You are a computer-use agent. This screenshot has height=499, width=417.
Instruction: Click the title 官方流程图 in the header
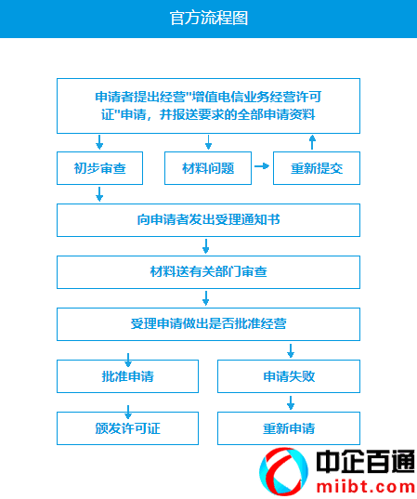pos(209,19)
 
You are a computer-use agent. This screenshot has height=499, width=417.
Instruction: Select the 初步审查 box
pos(100,168)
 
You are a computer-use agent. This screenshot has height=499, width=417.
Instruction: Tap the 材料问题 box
pos(208,168)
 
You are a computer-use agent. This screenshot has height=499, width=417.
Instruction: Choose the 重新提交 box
pos(317,168)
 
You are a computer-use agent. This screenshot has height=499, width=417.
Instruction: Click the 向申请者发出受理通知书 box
pos(208,220)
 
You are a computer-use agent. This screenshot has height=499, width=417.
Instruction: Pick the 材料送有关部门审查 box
pos(208,272)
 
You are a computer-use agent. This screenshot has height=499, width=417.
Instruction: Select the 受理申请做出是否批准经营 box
pos(208,324)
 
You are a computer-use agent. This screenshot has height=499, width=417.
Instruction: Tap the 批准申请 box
pos(127,376)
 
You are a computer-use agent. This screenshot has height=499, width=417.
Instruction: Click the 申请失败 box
pos(289,376)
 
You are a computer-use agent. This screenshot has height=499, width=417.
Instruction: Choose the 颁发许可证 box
pos(127,428)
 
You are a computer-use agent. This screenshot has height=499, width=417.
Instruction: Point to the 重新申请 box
pos(289,428)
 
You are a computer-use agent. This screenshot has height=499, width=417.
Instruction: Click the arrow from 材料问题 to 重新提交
pos(262,166)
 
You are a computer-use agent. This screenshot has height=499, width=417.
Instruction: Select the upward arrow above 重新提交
pos(312,142)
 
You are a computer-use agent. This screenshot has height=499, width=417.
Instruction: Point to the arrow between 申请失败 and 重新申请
pos(291,402)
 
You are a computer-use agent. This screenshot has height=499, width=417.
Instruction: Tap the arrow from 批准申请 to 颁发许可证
pos(128,413)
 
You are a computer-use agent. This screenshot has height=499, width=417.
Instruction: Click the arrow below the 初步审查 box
pos(99,194)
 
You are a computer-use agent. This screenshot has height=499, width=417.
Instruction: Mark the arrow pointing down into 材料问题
pos(208,142)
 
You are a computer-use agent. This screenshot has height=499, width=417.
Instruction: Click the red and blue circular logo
pos(283,471)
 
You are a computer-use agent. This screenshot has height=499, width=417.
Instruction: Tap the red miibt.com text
pos(366,487)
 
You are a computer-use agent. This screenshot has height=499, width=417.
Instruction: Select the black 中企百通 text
pos(366,462)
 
